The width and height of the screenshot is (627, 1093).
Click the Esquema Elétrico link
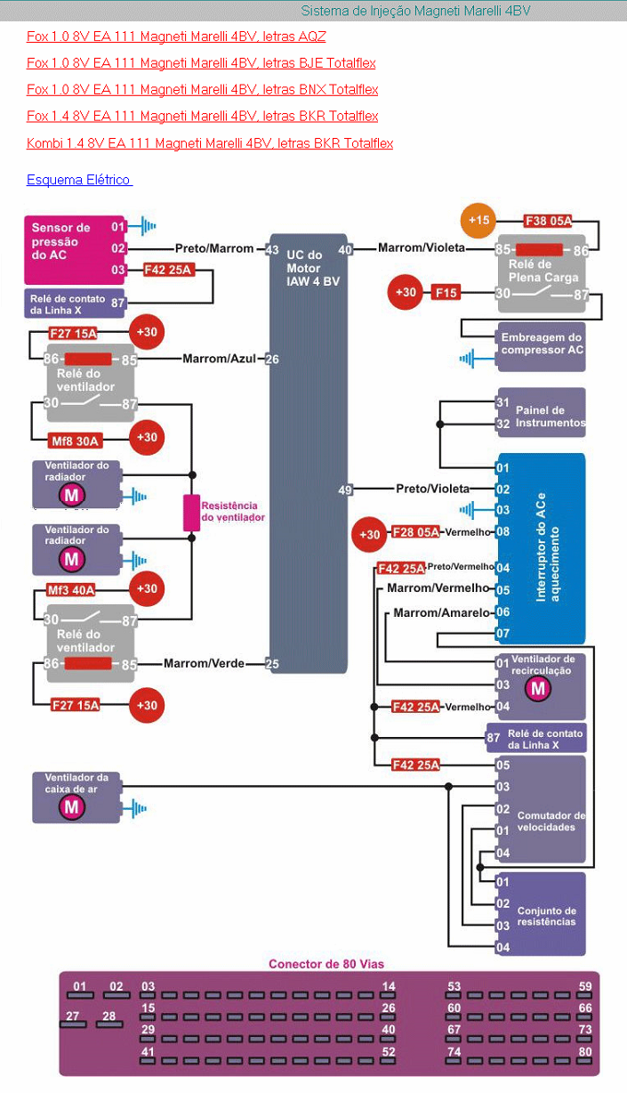pos(79,180)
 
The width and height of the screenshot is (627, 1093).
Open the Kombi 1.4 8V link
pos(210,143)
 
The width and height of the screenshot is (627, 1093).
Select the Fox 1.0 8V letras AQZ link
pos(176,36)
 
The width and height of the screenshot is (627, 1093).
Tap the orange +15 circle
pos(479,221)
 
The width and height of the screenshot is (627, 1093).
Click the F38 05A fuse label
pos(548,221)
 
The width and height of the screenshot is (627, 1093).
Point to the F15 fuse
pos(446,292)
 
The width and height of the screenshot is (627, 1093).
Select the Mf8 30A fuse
pos(76,439)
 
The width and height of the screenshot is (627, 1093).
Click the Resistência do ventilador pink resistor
pos(191,513)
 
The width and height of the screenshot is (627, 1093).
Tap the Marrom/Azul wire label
pos(219,359)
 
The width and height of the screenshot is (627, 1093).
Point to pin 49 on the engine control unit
pos(346,489)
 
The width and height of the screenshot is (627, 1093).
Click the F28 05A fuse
pos(414,532)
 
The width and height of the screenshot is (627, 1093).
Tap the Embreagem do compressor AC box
pos(542,344)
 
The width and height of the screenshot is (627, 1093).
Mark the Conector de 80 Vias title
pos(326,964)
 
